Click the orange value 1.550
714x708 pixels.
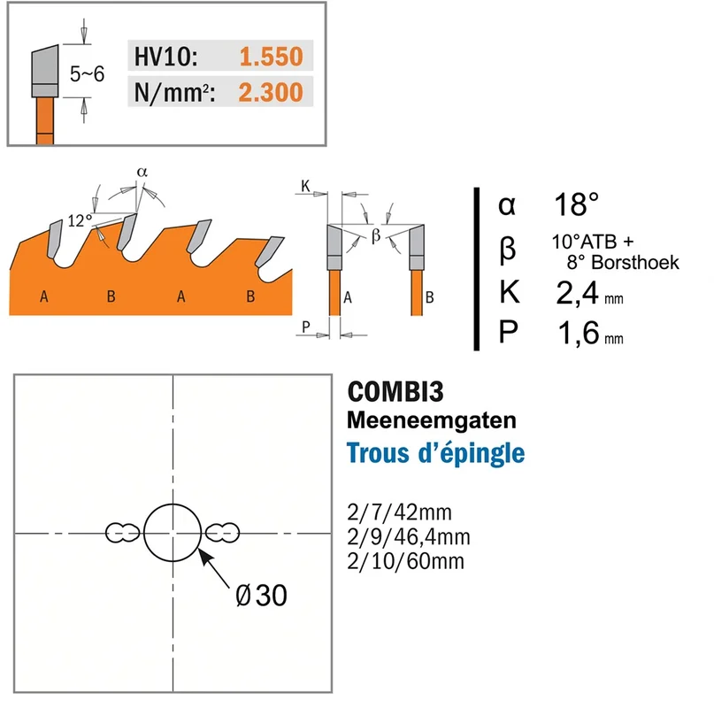[x=271, y=57]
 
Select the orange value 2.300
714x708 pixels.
[x=271, y=92]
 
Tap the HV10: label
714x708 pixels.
[x=165, y=57]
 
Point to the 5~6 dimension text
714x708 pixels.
[x=87, y=73]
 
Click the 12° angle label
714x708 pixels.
[x=80, y=221]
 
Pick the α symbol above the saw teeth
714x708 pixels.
[x=142, y=173]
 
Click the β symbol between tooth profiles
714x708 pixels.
[x=376, y=235]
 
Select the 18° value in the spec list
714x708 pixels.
[x=576, y=204]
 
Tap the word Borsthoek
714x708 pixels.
[x=635, y=263]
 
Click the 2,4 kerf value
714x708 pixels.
[x=577, y=293]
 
